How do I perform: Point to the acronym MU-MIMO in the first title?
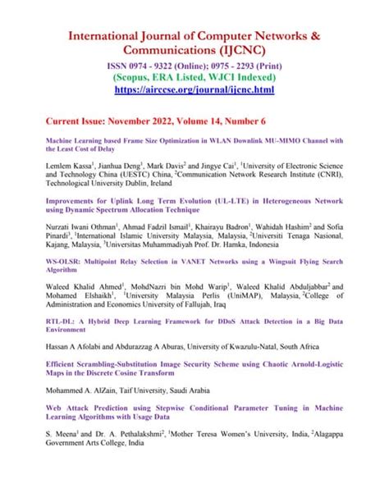coord(279,140)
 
